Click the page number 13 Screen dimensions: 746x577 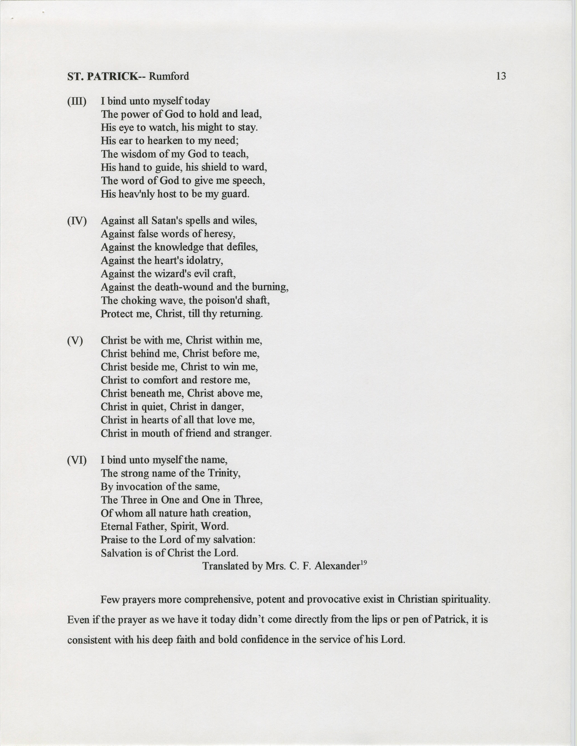coord(501,76)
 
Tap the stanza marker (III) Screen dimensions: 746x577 coord(76,101)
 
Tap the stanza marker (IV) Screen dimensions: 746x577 coord(77,221)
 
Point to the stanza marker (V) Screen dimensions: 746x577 coord(75,341)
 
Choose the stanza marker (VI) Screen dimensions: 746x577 coord(77,460)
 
